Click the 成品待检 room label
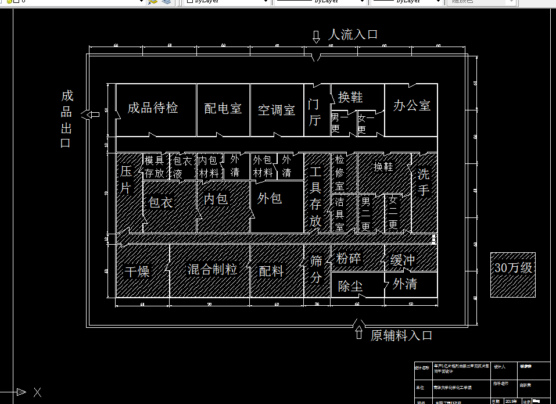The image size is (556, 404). (x=153, y=108)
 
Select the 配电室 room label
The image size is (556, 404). (x=223, y=109)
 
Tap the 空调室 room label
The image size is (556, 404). (x=277, y=110)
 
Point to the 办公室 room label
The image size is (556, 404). (x=412, y=106)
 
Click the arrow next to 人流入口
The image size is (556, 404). (x=316, y=37)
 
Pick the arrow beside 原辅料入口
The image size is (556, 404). (x=359, y=334)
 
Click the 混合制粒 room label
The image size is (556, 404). (x=212, y=270)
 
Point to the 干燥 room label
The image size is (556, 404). (x=137, y=272)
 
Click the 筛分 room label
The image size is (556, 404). (x=316, y=269)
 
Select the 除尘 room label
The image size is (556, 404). (x=350, y=287)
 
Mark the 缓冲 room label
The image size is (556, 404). (x=403, y=260)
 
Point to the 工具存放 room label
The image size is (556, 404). (x=315, y=196)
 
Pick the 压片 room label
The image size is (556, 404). (x=126, y=180)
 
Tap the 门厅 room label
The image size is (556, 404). (x=314, y=112)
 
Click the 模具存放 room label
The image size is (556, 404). (x=155, y=166)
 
